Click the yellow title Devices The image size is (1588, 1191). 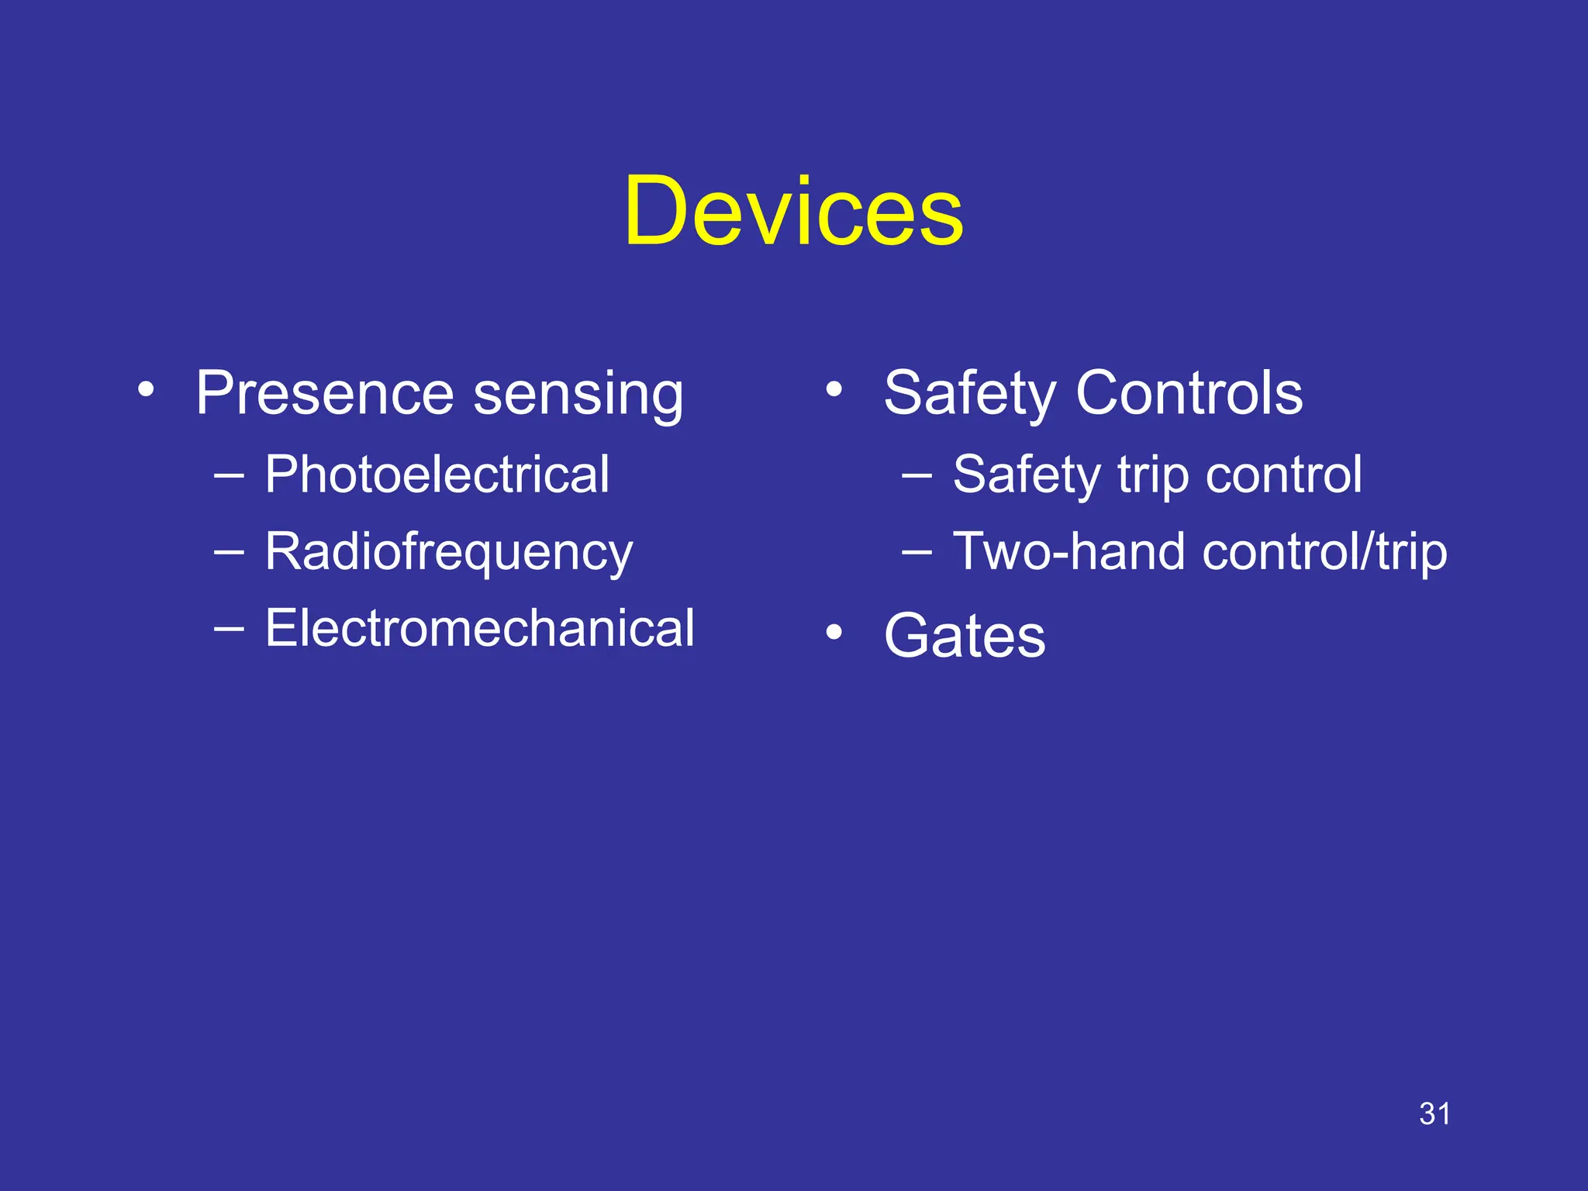793,211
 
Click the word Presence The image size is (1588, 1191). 324,393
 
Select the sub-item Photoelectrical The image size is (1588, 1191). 437,475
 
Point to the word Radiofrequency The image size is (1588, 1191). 449,553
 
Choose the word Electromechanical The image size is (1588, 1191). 479,628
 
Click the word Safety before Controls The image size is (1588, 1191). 969,393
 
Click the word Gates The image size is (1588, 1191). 965,636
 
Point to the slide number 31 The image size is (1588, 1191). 1434,1114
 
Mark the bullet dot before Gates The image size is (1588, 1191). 834,632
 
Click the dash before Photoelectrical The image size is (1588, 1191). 229,474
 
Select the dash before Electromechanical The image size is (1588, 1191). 229,627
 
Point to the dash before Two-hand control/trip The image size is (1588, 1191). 917,551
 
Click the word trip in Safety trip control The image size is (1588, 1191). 1152,475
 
